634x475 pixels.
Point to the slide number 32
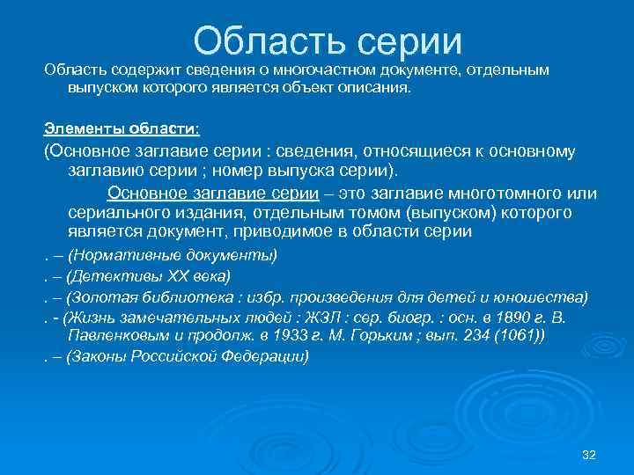click(589, 453)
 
